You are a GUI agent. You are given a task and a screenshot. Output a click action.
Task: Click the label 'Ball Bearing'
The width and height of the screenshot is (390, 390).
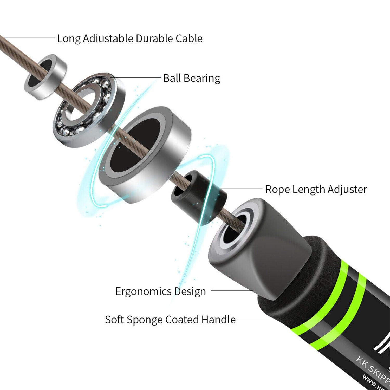click(192, 78)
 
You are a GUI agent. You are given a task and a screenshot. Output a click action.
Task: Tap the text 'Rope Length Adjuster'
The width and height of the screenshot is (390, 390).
click(316, 189)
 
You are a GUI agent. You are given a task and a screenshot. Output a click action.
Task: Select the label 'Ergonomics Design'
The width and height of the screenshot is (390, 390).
click(160, 291)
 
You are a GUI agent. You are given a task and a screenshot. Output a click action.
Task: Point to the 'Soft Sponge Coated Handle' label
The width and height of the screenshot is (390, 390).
click(170, 320)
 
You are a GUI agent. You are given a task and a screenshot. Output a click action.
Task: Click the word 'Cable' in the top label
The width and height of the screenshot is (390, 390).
click(189, 38)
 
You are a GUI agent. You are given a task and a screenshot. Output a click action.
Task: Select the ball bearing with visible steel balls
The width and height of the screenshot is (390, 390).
click(90, 109)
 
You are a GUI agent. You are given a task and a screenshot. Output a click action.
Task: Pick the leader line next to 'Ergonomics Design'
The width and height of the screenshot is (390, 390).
click(231, 291)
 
